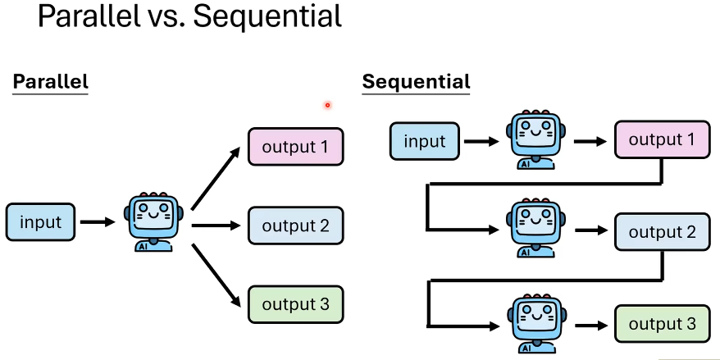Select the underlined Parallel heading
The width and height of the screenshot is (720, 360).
tap(50, 82)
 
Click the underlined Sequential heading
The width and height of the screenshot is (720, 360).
tap(417, 82)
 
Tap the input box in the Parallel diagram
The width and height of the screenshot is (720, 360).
tap(40, 222)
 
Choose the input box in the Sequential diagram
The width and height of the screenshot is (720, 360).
tap(425, 141)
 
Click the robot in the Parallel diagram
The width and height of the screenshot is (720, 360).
tap(153, 222)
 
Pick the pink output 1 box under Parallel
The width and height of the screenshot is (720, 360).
tap(295, 148)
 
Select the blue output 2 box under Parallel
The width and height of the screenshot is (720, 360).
tap(295, 226)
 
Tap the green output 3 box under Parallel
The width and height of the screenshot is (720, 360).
tap(295, 305)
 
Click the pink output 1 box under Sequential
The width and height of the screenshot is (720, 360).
tap(662, 140)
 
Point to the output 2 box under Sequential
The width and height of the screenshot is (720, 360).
tap(662, 232)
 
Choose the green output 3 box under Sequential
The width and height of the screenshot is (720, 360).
tap(662, 324)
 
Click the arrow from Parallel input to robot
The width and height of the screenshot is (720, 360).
tap(99, 222)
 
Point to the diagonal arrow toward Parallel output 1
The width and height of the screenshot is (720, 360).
tap(217, 180)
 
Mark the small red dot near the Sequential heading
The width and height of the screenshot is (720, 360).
tap(327, 105)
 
